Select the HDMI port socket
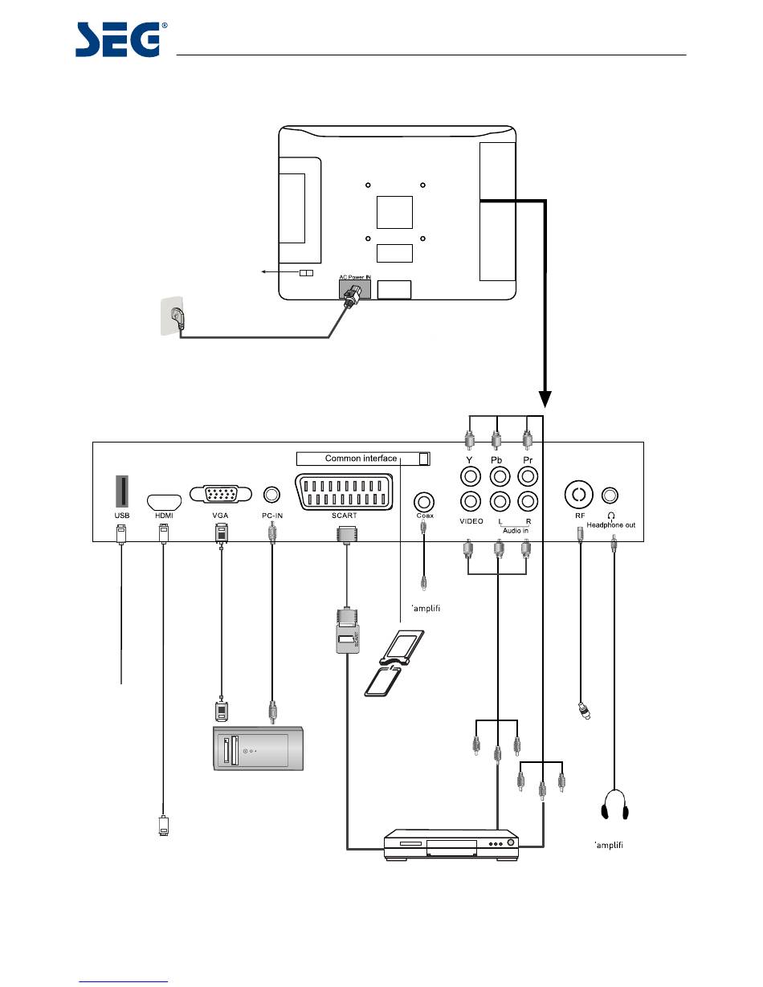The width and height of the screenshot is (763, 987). (164, 502)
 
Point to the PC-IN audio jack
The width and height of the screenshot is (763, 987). (273, 496)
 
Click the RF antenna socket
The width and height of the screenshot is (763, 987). (580, 492)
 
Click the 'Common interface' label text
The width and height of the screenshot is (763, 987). (361, 459)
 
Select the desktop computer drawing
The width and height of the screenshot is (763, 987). (258, 748)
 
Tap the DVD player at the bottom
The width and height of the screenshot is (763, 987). (451, 845)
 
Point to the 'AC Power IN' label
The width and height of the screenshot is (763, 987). (354, 277)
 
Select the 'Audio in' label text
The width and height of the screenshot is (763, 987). (512, 530)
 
